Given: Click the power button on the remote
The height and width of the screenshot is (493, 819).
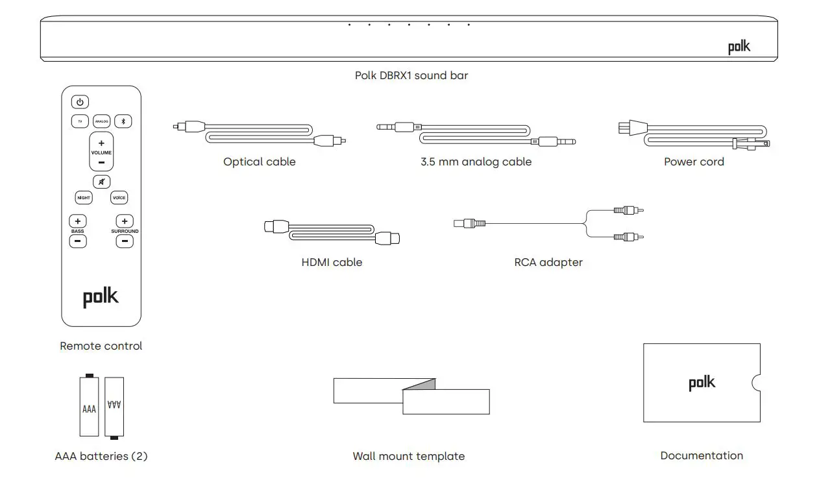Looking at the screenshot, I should (x=80, y=102).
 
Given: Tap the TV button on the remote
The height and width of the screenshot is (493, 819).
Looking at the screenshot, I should (x=80, y=121).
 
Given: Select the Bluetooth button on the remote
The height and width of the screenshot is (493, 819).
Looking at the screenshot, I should (x=123, y=121).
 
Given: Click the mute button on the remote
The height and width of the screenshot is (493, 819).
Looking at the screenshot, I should (x=101, y=182).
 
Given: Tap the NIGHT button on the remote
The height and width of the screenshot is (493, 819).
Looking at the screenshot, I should (x=84, y=198).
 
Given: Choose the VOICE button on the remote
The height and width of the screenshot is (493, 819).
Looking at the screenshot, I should (x=119, y=198).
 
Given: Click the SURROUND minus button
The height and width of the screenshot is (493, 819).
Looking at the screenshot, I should (x=125, y=241).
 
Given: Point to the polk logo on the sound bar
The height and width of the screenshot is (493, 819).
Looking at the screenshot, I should (x=739, y=47).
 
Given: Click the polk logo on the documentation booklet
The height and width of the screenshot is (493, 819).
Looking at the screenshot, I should (x=702, y=383).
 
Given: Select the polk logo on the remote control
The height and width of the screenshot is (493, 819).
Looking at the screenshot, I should (x=101, y=297).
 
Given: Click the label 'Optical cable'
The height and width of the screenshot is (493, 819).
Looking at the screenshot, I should (x=259, y=162).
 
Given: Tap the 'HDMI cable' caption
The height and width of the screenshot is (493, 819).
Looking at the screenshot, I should (x=332, y=263).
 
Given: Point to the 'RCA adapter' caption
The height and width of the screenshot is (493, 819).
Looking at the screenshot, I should (x=548, y=263).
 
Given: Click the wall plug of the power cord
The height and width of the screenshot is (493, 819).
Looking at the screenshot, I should (x=627, y=128).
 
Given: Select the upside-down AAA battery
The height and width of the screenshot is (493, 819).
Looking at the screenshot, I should (x=114, y=407).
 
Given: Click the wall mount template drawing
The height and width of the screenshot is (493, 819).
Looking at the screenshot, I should (x=411, y=396).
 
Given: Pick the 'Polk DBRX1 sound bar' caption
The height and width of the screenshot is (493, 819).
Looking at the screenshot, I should (x=411, y=75).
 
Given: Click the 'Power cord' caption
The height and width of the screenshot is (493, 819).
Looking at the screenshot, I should (x=694, y=162).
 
